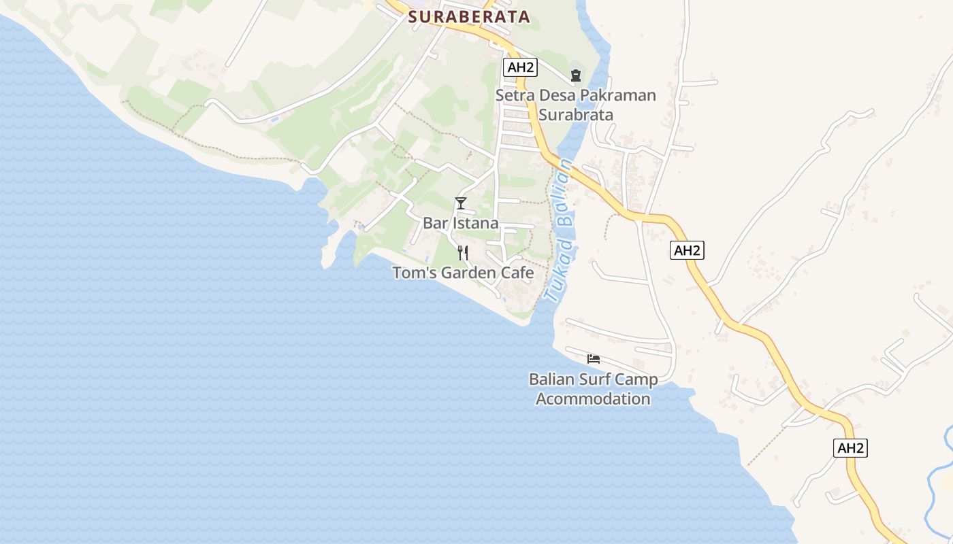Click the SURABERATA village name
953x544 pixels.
[469, 17]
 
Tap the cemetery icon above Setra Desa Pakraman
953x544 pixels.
[576, 75]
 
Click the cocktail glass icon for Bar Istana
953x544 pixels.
[461, 203]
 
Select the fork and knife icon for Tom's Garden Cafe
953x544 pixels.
[463, 253]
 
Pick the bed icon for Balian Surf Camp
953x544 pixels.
[594, 358]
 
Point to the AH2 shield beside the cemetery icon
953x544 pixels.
[521, 67]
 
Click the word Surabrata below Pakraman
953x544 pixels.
[576, 114]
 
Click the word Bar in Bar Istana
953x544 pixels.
[434, 223]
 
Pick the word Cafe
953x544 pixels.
[518, 273]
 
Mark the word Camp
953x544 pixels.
[636, 379]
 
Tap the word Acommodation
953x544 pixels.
[593, 398]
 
